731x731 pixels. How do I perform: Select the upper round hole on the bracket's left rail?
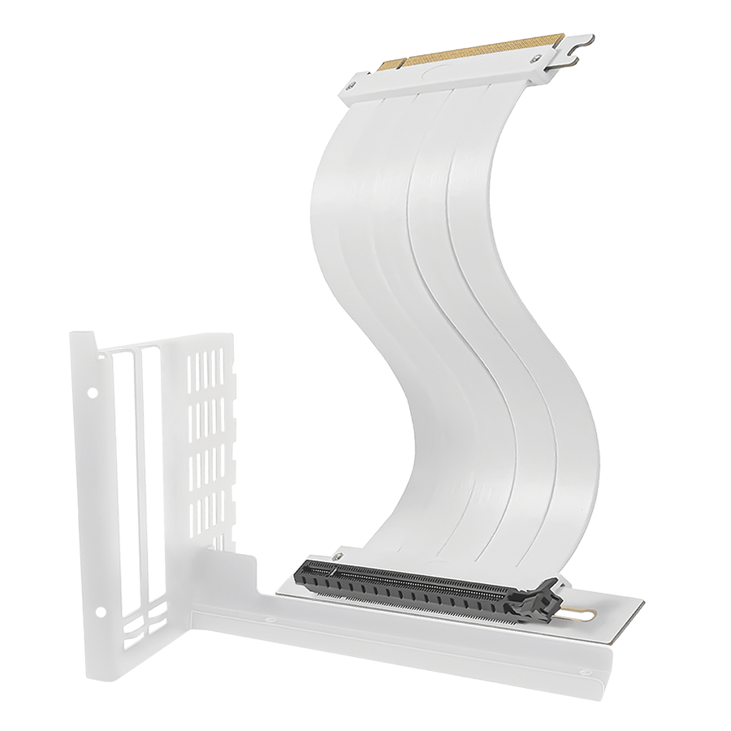coord(92,392)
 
